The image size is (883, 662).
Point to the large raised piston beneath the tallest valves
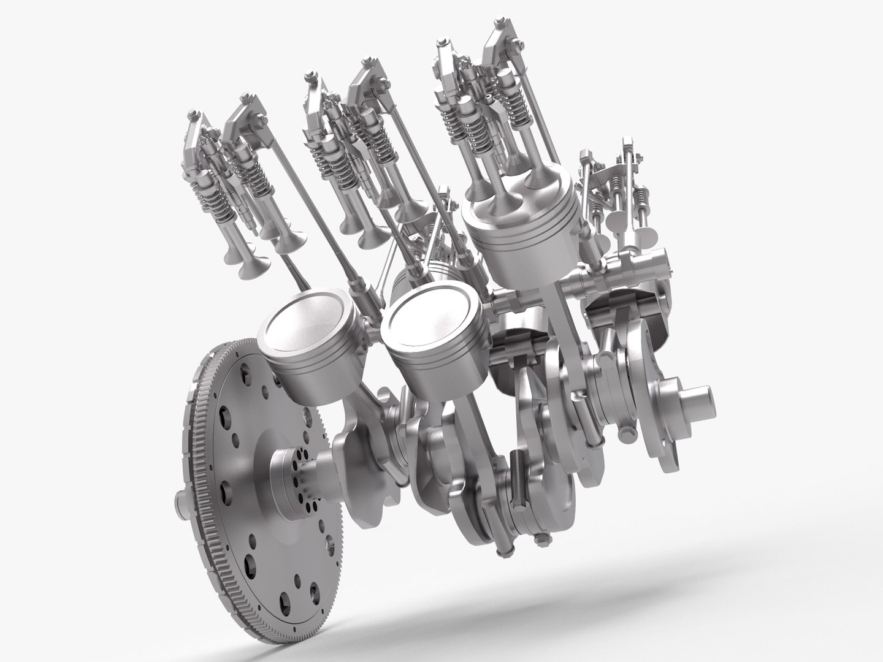coord(521,233)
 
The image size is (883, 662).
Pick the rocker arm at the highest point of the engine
coord(500,37)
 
